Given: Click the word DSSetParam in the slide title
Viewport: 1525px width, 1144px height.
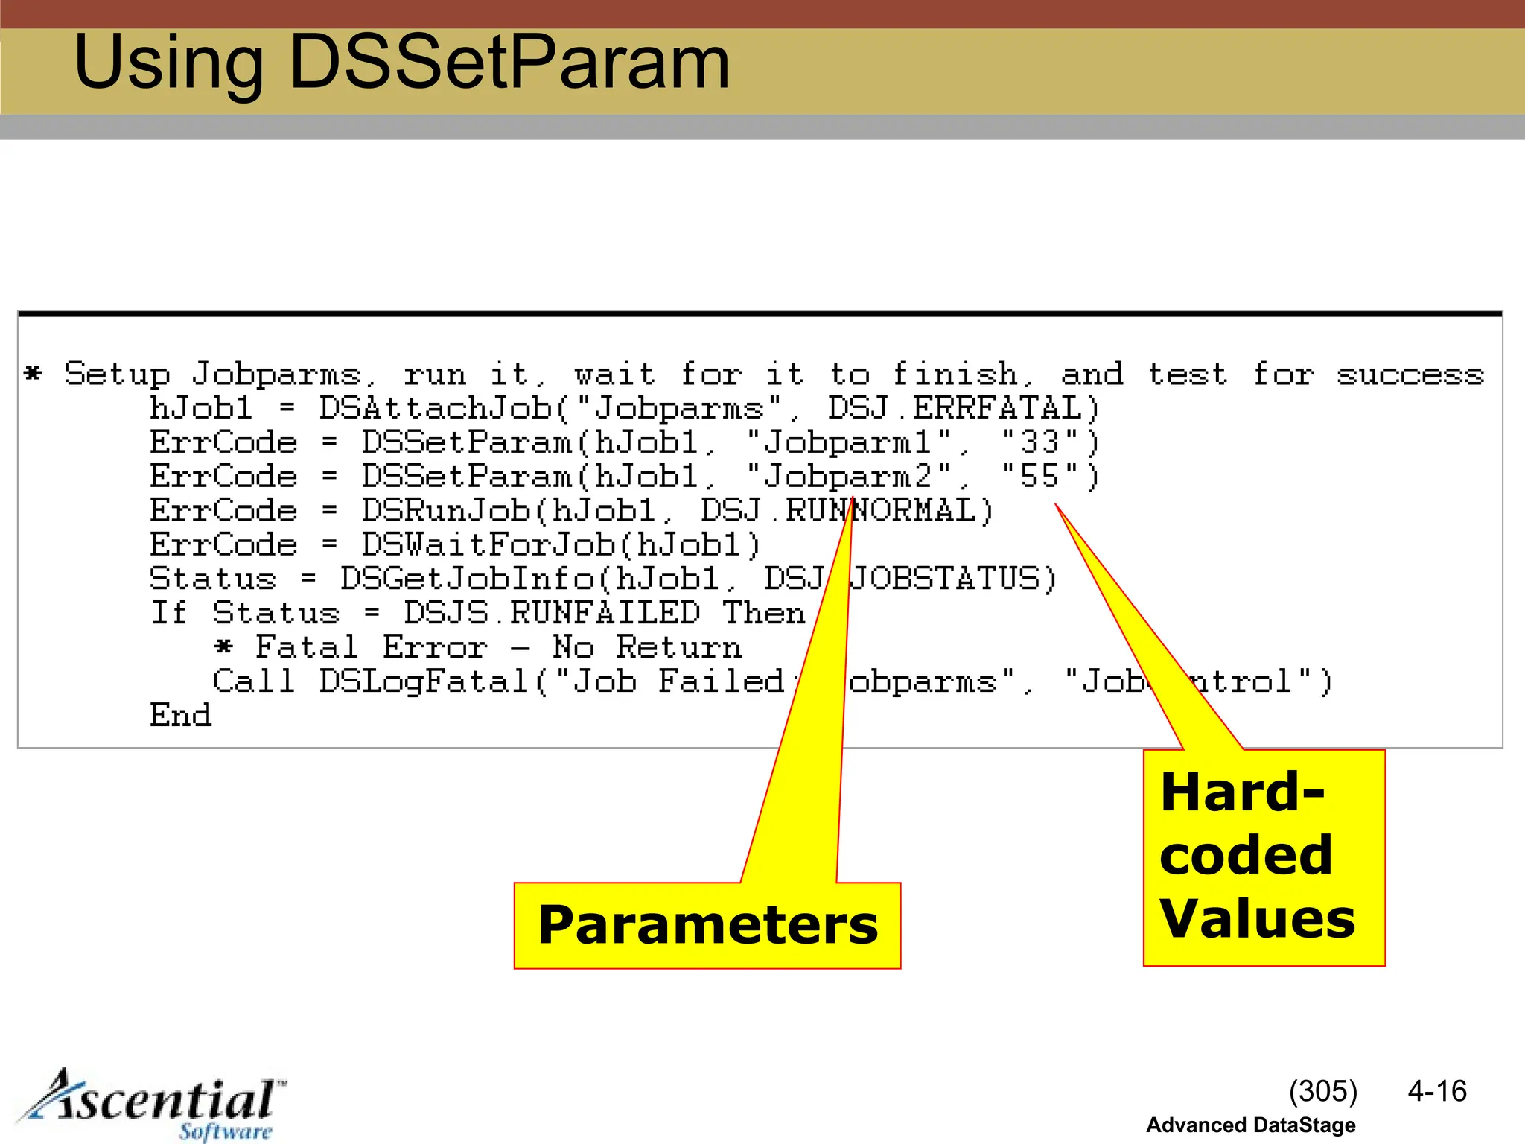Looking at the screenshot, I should click(509, 63).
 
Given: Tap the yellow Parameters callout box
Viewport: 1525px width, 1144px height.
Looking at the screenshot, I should click(707, 925).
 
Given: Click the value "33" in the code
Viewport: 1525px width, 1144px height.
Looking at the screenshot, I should click(1040, 442).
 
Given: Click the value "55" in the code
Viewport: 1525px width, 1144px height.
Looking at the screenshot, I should click(1040, 477).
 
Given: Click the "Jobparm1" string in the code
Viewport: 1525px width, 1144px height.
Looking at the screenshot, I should click(848, 442).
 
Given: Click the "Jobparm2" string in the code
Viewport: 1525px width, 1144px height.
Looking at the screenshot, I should click(848, 477).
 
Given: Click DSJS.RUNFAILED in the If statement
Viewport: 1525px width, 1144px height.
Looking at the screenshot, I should click(552, 614).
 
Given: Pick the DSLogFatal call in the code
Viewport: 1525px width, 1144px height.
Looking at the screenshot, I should click(424, 681).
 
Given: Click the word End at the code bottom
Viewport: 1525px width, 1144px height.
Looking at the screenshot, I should click(181, 716).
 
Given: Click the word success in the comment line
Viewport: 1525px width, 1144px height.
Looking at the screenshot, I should click(1410, 375).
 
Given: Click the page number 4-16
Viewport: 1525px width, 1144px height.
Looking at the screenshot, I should click(1436, 1091).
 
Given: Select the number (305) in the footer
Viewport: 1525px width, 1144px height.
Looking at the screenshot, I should click(1322, 1091).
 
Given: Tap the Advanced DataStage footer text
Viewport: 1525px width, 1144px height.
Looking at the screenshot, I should click(1250, 1125).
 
